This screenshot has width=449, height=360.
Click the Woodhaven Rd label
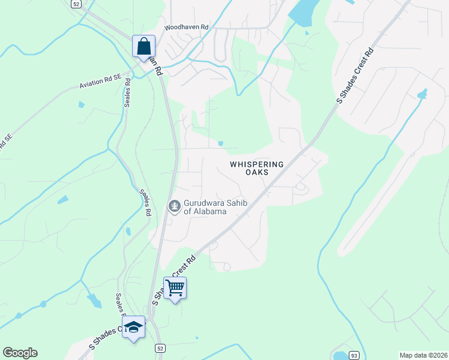187,28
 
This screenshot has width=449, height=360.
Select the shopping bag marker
144,46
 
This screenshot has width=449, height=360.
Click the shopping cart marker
175,288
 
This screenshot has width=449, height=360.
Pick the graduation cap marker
133,327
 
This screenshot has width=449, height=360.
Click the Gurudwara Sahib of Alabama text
205,208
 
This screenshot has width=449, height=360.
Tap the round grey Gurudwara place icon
174,207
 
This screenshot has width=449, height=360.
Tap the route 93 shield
355,355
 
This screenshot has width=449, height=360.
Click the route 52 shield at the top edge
75,4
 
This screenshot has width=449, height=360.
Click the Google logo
20,353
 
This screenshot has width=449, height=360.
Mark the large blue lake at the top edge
305,12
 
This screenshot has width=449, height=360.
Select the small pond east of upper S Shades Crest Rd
422,95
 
